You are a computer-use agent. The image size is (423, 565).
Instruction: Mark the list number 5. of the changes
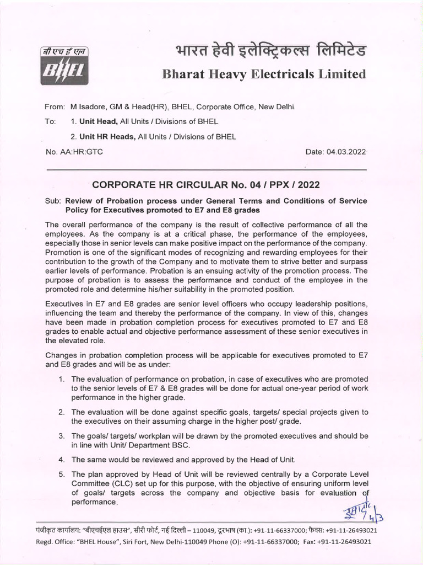point(62,474)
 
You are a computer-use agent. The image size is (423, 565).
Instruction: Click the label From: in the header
point(55,106)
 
